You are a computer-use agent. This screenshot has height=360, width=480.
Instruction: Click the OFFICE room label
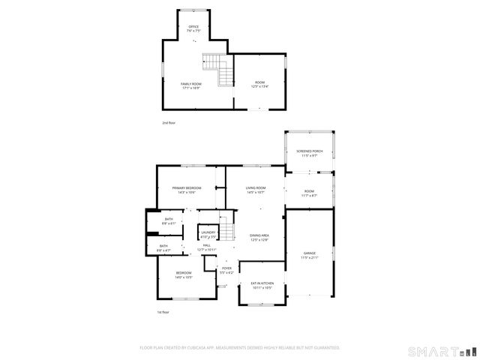[x=193, y=28]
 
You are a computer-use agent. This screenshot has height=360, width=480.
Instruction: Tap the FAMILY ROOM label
[x=191, y=85]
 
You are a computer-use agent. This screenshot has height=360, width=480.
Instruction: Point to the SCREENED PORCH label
[x=308, y=153]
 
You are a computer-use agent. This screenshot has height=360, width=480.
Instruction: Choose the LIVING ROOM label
[x=256, y=190]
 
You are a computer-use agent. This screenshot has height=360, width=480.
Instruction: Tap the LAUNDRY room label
[x=208, y=235]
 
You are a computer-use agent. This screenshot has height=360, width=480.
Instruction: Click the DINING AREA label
[x=259, y=238]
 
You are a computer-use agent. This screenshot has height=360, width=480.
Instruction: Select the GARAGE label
[x=310, y=255]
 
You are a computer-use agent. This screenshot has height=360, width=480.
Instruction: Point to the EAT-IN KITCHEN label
[x=262, y=285]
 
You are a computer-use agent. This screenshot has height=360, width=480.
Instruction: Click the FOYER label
[x=226, y=269]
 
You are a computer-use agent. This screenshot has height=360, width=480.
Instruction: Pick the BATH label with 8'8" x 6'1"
[x=169, y=221]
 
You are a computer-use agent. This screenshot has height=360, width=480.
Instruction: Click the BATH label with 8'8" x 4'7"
[x=164, y=247]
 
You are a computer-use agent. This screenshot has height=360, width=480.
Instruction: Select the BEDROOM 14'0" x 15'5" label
[x=184, y=274]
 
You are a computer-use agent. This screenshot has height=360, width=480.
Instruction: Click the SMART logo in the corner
[x=441, y=351]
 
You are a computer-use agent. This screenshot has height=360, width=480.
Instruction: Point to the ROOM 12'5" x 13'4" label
[x=259, y=84]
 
